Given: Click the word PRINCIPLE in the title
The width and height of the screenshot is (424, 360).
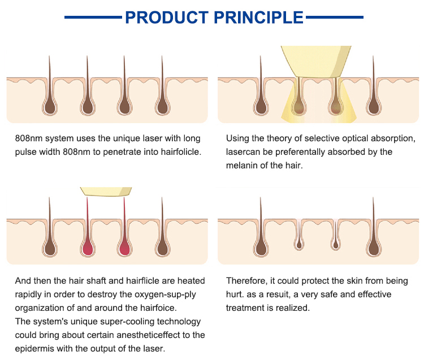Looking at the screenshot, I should pyautogui.click(x=259, y=17).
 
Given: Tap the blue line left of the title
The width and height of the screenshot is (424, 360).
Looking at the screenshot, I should pyautogui.click(x=93, y=18).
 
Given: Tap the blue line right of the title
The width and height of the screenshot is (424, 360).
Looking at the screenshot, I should pyautogui.click(x=334, y=18).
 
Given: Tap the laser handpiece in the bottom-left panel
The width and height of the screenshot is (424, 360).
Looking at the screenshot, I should pyautogui.click(x=106, y=192).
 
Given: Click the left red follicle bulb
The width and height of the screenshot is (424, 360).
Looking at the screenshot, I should pyautogui.click(x=88, y=246).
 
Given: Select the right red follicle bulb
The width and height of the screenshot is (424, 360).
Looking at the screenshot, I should pyautogui.click(x=125, y=246).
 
